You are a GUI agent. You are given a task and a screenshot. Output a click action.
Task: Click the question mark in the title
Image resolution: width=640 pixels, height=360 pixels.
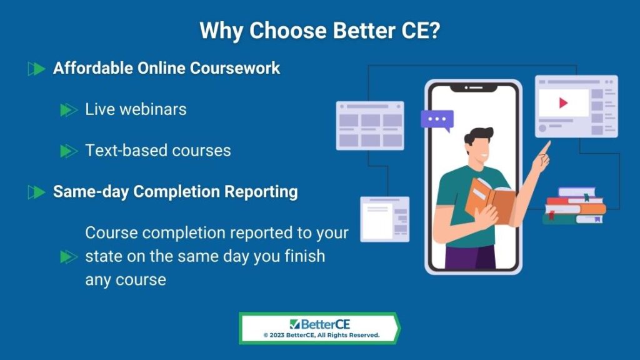pyautogui.click(x=434, y=31)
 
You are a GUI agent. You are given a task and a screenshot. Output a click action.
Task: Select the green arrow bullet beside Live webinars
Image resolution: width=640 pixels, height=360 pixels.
pyautogui.click(x=69, y=110)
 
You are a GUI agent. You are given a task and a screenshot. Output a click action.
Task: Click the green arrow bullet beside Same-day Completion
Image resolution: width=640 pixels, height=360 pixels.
pyautogui.click(x=36, y=192)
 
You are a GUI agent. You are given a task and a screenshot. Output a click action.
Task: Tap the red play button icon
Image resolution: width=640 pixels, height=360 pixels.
pyautogui.click(x=563, y=103)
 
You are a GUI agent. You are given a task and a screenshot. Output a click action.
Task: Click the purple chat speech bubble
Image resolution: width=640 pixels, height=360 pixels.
pyautogui.click(x=437, y=120)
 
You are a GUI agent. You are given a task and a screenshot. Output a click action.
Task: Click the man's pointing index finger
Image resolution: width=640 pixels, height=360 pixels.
pyautogui.click(x=546, y=147)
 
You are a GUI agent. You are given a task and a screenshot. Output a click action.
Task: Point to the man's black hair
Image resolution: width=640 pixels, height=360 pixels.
pyautogui.click(x=478, y=136)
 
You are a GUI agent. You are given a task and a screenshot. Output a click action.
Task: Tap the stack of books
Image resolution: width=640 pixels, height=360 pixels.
pyautogui.click(x=574, y=206)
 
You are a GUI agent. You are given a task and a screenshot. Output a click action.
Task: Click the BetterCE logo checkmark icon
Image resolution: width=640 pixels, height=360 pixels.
pyautogui.click(x=295, y=324)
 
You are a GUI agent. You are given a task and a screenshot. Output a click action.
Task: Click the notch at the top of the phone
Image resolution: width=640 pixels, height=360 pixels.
pyautogui.click(x=474, y=87)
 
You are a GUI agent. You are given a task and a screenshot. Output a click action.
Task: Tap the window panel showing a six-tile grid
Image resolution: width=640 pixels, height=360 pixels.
pyautogui.click(x=370, y=126)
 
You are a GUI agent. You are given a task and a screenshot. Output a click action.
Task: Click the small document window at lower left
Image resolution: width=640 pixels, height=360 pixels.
pyautogui.click(x=385, y=219)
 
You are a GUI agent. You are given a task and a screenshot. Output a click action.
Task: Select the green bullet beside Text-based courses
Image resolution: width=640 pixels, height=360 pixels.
pyautogui.click(x=69, y=151)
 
